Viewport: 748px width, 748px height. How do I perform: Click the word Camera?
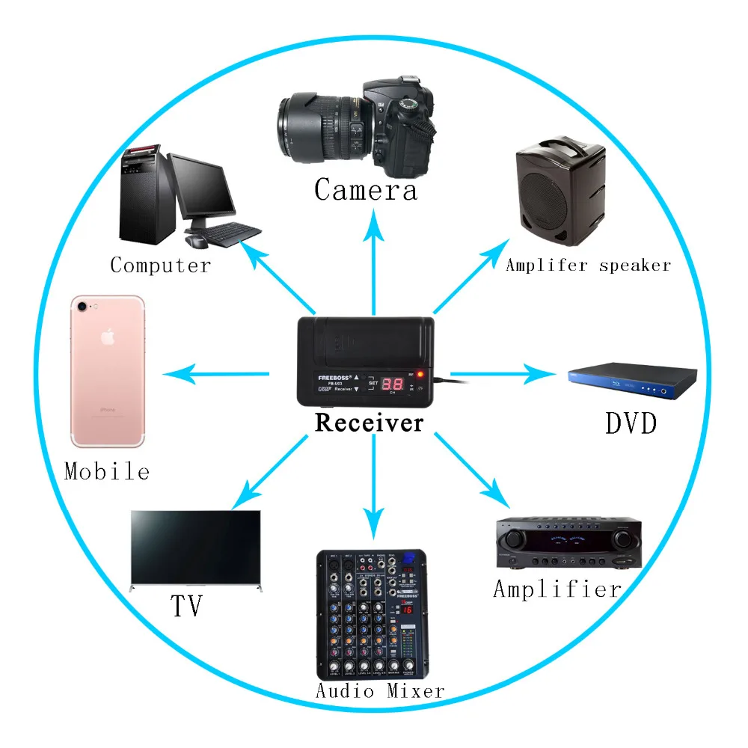[x=365, y=189]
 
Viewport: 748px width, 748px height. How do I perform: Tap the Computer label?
[x=160, y=265]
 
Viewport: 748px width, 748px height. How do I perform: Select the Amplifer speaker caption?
[x=588, y=265]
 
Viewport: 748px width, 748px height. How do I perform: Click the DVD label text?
[x=631, y=424]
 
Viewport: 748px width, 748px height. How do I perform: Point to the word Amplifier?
[x=557, y=589]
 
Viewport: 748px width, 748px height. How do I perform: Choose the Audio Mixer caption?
[x=380, y=690]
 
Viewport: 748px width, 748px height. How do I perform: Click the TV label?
[x=186, y=606]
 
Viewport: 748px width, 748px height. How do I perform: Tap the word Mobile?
[x=107, y=471]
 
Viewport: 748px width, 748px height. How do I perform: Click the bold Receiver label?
[x=369, y=423]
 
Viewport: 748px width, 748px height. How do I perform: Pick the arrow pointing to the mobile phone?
[x=217, y=373]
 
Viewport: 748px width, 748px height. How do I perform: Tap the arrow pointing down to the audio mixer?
[x=373, y=486]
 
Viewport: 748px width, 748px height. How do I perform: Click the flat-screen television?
[x=196, y=548]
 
